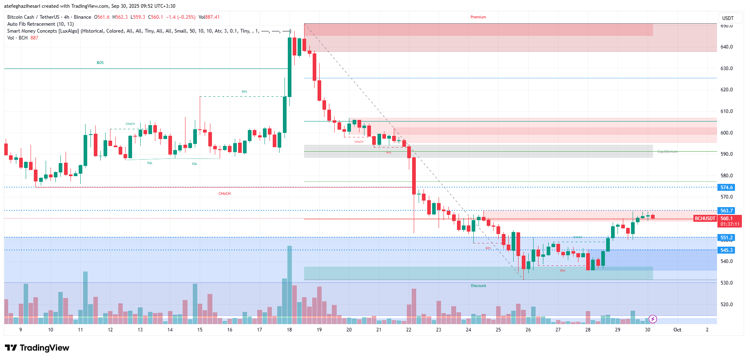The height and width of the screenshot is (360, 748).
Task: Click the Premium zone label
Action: [x=478, y=17]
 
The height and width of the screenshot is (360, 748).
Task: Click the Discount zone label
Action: [x=478, y=286]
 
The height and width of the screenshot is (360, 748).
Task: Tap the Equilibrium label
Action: [x=667, y=152]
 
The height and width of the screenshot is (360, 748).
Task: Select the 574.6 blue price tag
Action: [x=726, y=188]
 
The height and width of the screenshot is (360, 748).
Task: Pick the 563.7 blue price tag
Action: [x=726, y=211]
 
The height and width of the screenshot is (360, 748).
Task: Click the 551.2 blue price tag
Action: [x=726, y=238]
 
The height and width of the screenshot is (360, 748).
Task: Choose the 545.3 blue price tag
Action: [x=726, y=250]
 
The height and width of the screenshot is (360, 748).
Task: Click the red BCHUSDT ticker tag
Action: [x=705, y=219]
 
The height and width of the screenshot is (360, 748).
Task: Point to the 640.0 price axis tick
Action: [x=726, y=47]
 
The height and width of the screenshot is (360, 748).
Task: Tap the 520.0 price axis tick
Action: [x=726, y=305]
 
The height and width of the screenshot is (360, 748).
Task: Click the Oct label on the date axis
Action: [x=677, y=330]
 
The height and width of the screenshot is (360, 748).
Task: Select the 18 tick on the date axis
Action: [x=289, y=330]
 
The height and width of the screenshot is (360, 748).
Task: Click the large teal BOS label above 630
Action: [x=100, y=63]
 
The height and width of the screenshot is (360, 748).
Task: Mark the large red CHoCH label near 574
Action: [x=225, y=194]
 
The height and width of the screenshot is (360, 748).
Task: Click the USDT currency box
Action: [x=728, y=18]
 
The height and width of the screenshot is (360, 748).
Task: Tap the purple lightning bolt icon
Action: [x=653, y=319]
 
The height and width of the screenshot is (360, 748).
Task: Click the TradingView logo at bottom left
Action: [x=37, y=348]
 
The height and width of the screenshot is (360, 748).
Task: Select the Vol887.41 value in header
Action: [x=209, y=17]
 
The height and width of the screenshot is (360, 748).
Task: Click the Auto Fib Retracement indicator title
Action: [x=40, y=24]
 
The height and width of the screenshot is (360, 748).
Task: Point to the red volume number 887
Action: [x=34, y=38]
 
